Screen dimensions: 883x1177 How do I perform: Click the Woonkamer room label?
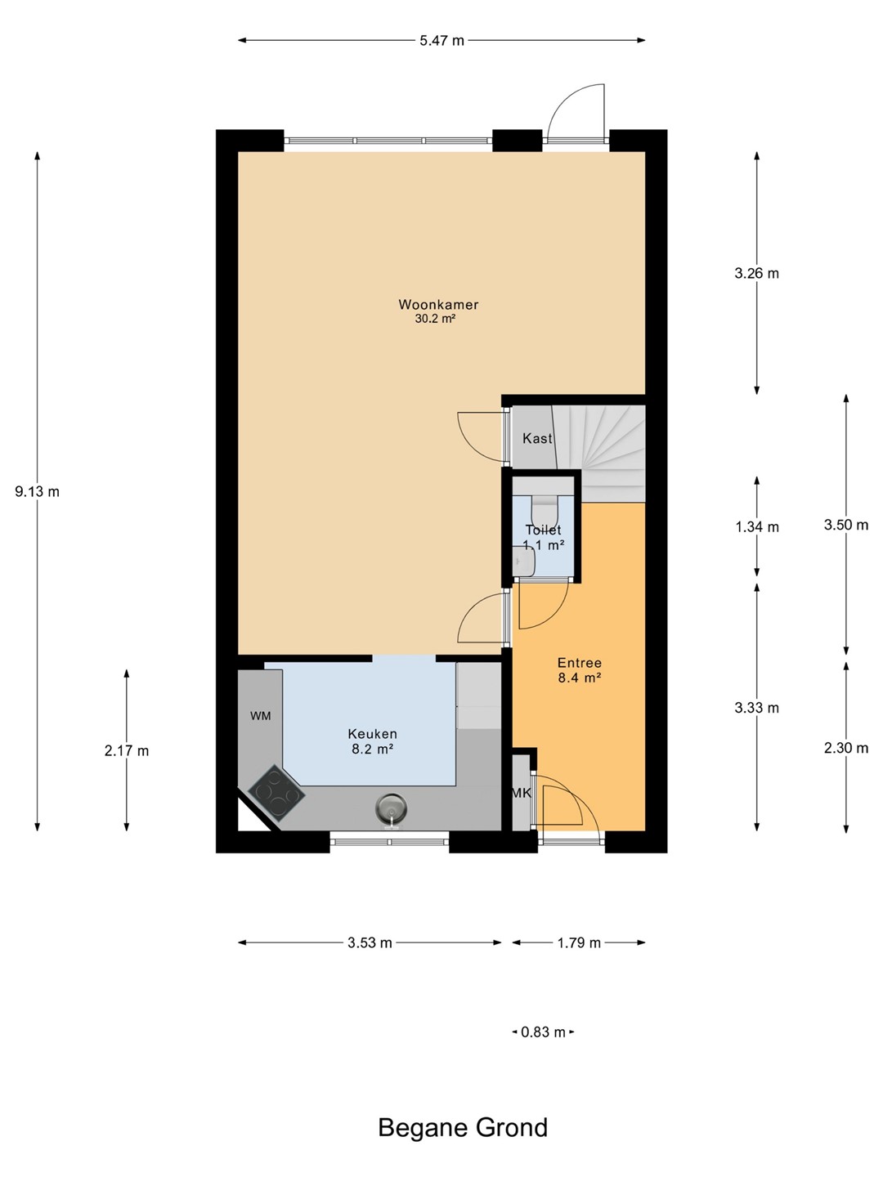[x=438, y=305]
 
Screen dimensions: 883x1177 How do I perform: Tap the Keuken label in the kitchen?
[x=372, y=733]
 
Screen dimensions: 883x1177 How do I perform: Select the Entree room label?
[x=579, y=663]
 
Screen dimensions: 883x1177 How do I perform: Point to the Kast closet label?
[x=537, y=438]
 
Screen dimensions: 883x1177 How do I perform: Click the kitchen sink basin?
[x=391, y=808]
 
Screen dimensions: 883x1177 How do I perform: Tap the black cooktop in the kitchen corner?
[x=276, y=793]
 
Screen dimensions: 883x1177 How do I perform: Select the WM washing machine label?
[x=261, y=716]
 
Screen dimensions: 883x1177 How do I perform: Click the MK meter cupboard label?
[x=521, y=793]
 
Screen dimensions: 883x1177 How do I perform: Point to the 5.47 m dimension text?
[x=441, y=41]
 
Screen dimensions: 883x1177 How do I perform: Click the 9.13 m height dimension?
[x=37, y=491]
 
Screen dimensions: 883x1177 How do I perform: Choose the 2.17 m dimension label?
[x=127, y=750]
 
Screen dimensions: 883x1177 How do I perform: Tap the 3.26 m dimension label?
[x=756, y=274]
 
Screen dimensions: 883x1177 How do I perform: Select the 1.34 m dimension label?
[x=757, y=527]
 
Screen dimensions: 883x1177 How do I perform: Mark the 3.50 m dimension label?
[x=846, y=525]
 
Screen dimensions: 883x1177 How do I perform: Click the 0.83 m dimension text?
[x=543, y=1032]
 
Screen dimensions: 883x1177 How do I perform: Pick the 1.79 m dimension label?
[x=579, y=942]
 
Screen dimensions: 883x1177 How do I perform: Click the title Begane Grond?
[x=464, y=1128]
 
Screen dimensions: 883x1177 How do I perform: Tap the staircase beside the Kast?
[x=600, y=451]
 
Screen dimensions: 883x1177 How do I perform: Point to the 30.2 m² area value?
[x=435, y=319]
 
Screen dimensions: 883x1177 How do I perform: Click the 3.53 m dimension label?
[x=370, y=942]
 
